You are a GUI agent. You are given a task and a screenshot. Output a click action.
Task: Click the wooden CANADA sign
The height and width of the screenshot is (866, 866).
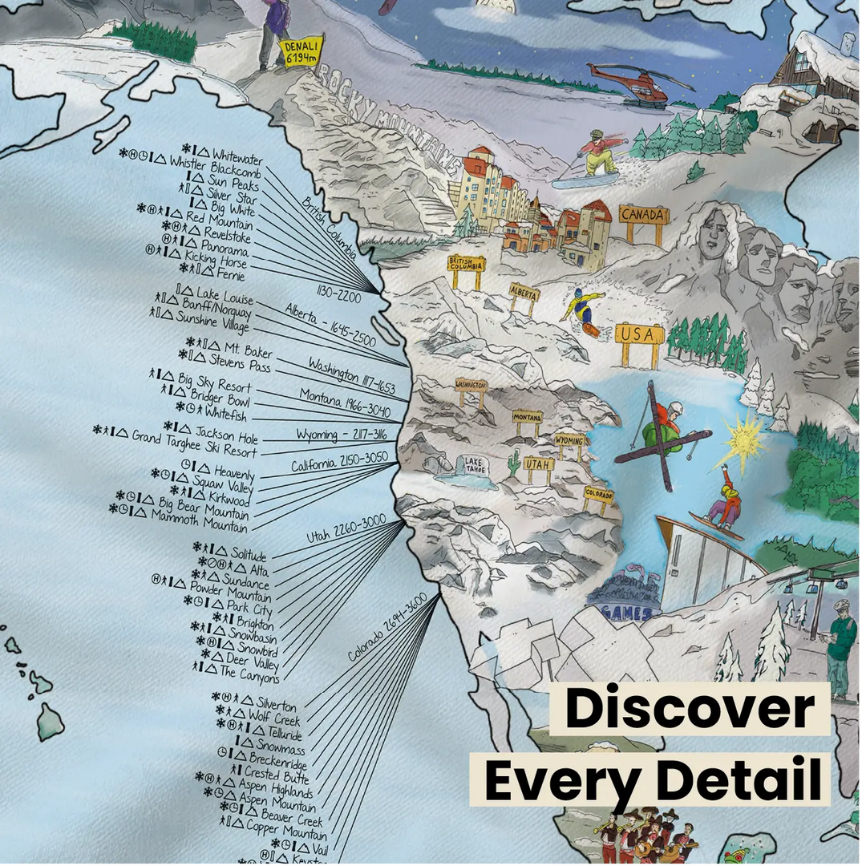pyautogui.click(x=643, y=216)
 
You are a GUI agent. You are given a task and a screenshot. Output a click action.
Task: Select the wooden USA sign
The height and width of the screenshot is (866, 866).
pyautogui.click(x=640, y=334)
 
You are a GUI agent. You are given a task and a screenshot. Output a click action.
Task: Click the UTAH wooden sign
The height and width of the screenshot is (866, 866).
pyautogui.click(x=539, y=464)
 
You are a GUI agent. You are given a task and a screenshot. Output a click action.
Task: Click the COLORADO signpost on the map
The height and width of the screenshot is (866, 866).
pyautogui.click(x=598, y=495)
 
